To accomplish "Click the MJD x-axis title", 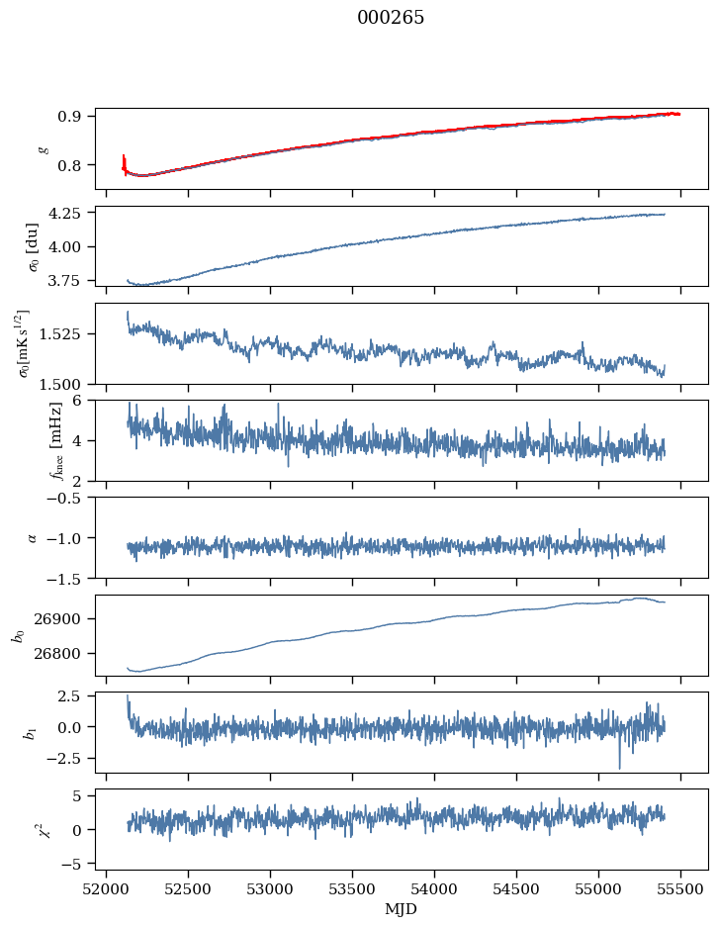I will pos(401,908).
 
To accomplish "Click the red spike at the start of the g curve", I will pos(124,161).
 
